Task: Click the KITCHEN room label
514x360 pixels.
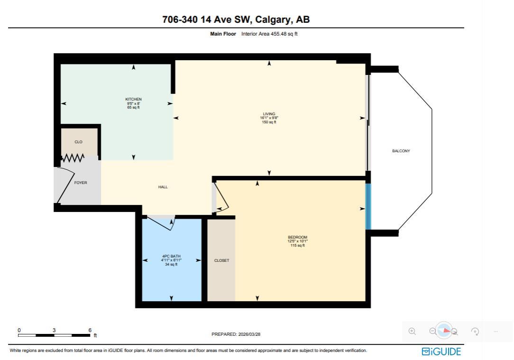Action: click(x=133, y=100)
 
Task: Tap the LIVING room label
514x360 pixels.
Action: click(x=269, y=114)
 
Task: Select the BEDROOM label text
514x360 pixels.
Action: click(x=297, y=237)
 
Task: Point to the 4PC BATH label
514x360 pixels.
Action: click(x=171, y=257)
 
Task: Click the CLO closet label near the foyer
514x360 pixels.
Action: click(x=79, y=142)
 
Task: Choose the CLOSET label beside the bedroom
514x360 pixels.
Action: click(x=221, y=260)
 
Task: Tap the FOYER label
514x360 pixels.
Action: click(x=81, y=183)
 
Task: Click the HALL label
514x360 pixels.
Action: click(x=163, y=187)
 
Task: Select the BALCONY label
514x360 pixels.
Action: click(x=401, y=151)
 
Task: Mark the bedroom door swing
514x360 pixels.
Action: click(x=221, y=198)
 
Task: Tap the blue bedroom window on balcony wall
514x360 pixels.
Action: click(x=368, y=206)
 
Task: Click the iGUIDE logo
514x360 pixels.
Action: click(x=441, y=351)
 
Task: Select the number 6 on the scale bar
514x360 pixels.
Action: click(x=90, y=330)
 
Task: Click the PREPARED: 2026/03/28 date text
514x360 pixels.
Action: click(x=236, y=334)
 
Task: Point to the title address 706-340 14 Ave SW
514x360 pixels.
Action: click(x=236, y=19)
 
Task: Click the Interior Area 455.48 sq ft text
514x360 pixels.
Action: click(x=269, y=34)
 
